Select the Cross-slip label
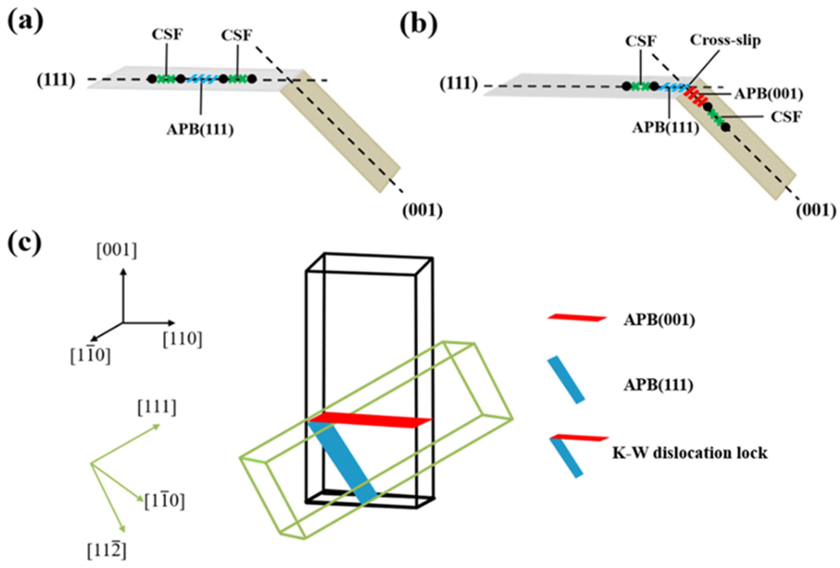tap(725, 40)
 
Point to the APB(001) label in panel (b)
tap(768, 95)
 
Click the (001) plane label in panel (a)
tap(422, 210)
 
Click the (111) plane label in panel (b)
tap(459, 84)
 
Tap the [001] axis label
tap(116, 251)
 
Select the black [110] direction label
tap(182, 339)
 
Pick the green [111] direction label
tap(157, 408)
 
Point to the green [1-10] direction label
tap(164, 501)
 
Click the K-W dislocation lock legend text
tap(690, 453)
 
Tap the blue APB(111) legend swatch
tap(566, 379)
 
